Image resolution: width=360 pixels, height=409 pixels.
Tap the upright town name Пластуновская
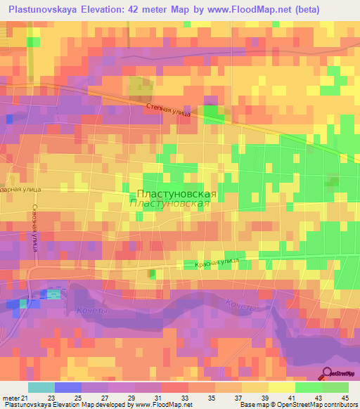(x=175, y=193)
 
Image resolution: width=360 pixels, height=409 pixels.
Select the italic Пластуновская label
(x=171, y=203)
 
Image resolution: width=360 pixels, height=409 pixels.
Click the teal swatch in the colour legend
(x=41, y=387)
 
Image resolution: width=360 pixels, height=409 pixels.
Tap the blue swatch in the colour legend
(x=67, y=387)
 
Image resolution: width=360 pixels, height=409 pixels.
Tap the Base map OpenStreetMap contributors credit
(x=299, y=405)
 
